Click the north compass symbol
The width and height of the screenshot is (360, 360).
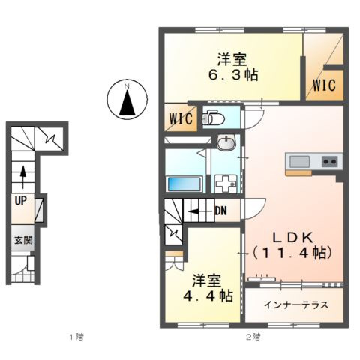(x=127, y=100)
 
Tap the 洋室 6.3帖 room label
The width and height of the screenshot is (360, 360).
(x=233, y=67)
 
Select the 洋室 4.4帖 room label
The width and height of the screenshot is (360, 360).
(x=208, y=288)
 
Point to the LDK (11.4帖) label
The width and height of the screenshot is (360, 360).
(x=292, y=245)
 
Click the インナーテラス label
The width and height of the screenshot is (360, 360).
(x=296, y=304)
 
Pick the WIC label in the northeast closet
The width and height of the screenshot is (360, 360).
(x=324, y=85)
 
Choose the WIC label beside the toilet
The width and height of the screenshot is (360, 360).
(x=181, y=118)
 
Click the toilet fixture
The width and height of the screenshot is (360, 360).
(x=213, y=118)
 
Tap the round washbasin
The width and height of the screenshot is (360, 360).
(x=226, y=142)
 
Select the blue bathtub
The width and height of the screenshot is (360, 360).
(x=184, y=184)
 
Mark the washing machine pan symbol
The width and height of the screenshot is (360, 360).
(x=226, y=184)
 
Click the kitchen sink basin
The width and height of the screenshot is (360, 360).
(x=299, y=162)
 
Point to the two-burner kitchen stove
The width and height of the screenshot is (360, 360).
(x=329, y=161)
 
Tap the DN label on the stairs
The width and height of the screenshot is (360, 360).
(x=221, y=211)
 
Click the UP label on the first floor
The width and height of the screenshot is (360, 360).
(x=21, y=201)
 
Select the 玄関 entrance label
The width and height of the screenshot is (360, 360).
(x=23, y=240)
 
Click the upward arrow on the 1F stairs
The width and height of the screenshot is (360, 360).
(x=23, y=177)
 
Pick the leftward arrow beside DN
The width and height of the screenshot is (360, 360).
(x=201, y=211)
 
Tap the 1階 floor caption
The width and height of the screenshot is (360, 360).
(x=76, y=337)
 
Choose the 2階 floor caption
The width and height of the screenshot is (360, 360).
(x=253, y=337)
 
